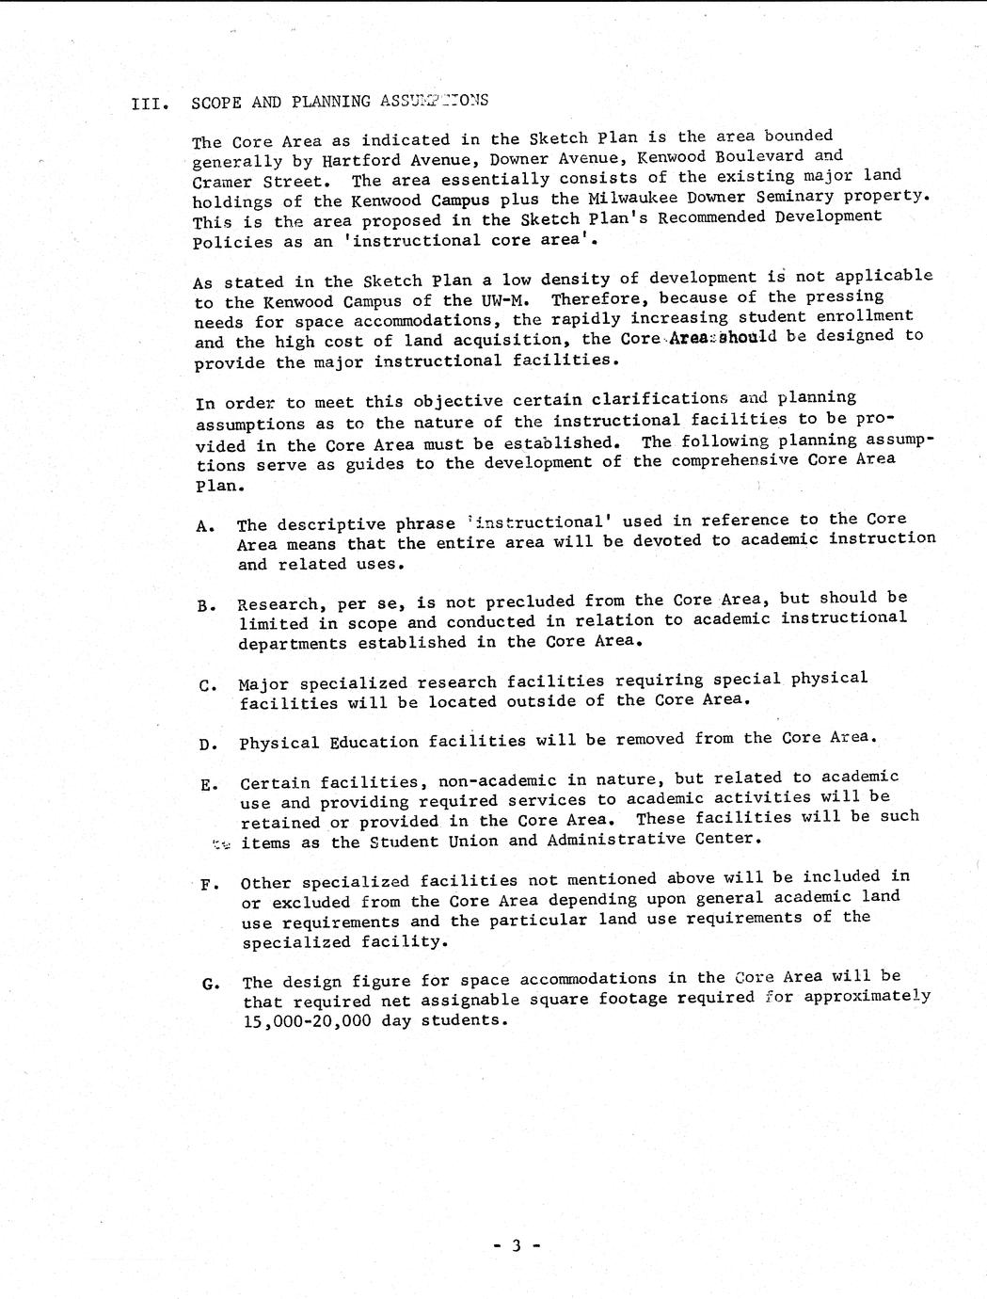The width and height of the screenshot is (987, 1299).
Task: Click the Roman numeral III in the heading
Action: (150, 104)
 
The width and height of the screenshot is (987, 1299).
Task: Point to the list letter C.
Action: (206, 685)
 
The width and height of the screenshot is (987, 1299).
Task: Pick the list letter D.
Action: (206, 746)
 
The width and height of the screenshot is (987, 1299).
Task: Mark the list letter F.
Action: (207, 885)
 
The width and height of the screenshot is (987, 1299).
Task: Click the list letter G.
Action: (208, 985)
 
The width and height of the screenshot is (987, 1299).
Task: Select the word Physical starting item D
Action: (279, 743)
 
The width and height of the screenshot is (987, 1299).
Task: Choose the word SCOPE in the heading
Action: (217, 104)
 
